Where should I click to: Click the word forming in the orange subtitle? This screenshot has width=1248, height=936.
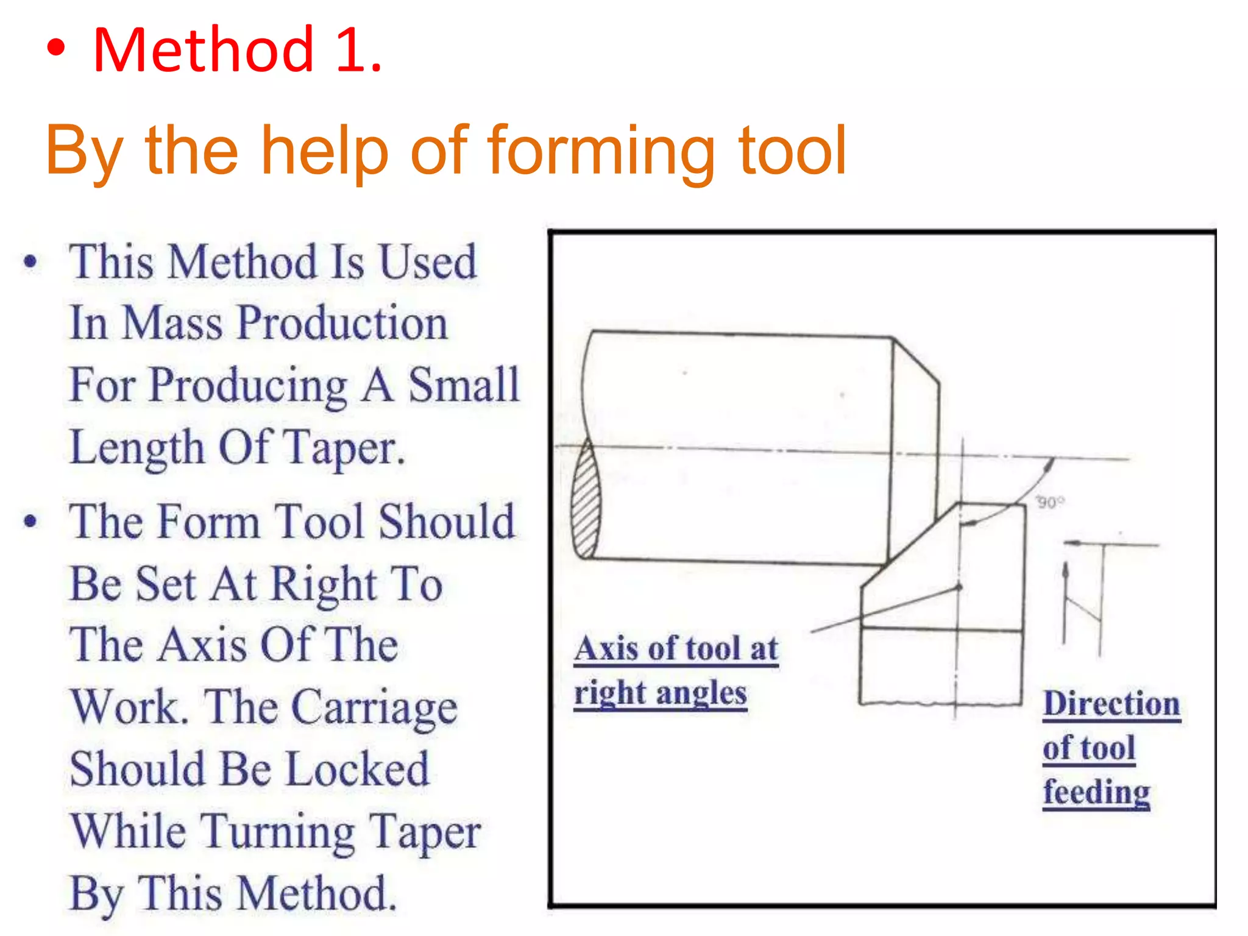[x=601, y=151]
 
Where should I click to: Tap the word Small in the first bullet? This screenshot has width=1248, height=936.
[x=463, y=385]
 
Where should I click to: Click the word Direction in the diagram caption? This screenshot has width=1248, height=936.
[x=1111, y=704]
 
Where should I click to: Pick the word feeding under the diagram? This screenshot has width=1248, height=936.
[x=1096, y=792]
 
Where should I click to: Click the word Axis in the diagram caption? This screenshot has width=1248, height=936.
[x=607, y=648]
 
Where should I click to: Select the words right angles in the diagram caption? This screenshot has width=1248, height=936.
[x=661, y=693]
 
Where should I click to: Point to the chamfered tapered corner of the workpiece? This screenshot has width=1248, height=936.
[x=916, y=360]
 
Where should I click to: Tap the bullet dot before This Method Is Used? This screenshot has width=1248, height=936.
[x=30, y=263]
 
